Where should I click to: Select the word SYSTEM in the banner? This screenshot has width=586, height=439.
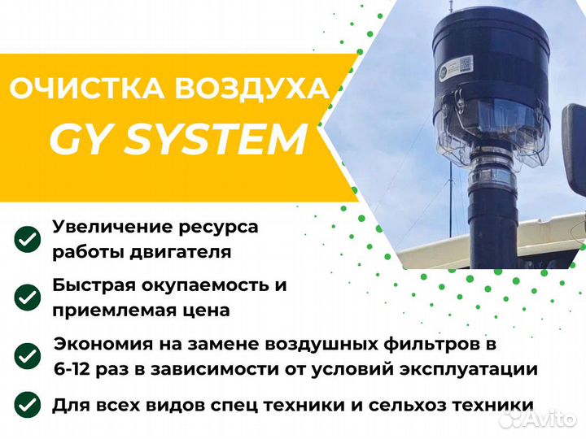point(216,140)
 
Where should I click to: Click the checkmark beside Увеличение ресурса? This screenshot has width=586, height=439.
point(28,239)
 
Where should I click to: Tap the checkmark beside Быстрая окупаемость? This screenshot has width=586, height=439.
point(28,298)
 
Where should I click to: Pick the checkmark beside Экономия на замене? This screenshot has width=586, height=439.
point(28,356)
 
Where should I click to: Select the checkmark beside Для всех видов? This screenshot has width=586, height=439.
point(28,405)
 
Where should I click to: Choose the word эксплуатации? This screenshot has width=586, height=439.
point(469,370)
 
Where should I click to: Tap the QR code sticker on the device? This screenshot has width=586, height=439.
point(466,63)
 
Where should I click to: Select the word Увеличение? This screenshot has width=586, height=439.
point(112,227)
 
